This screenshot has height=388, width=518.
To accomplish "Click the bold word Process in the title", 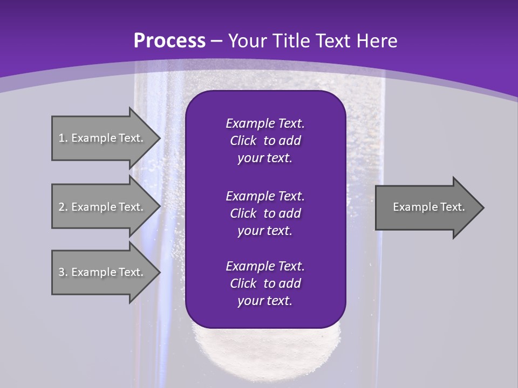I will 169,41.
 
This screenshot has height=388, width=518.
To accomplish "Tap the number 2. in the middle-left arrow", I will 63,207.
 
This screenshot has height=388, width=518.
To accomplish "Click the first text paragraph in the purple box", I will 265,141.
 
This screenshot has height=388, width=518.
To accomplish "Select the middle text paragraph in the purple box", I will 265,213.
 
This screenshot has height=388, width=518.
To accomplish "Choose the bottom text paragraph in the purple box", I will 265,283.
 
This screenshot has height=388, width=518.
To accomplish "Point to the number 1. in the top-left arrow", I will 63,138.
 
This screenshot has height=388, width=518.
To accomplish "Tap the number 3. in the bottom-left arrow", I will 63,272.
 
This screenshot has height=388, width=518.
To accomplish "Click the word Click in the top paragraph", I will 243,141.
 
